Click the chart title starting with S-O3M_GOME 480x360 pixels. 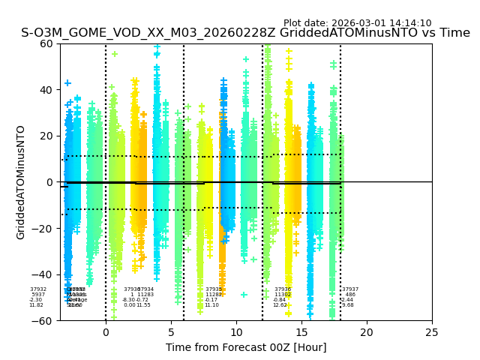pyautogui.click(x=245, y=33)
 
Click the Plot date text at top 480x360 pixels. pyautogui.click(x=357, y=23)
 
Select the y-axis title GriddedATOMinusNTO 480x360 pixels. pyautogui.click(x=21, y=182)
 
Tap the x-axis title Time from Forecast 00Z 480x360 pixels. pyautogui.click(x=246, y=347)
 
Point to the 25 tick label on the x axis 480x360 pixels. pyautogui.click(x=432, y=332)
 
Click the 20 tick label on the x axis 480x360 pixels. pyautogui.click(x=367, y=332)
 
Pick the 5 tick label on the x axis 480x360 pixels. pyautogui.click(x=171, y=332)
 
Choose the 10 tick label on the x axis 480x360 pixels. pyautogui.click(x=236, y=332)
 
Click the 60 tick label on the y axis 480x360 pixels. pyautogui.click(x=46, y=43)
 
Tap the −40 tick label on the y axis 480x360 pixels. pyautogui.click(x=43, y=274)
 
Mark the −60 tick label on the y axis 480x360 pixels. pyautogui.click(x=43, y=321)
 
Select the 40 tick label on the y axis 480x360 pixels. pyautogui.click(x=46, y=90)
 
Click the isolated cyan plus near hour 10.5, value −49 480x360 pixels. pyautogui.click(x=244, y=295)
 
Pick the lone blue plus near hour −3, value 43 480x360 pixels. pyautogui.click(x=67, y=83)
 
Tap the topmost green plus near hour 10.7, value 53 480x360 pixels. pyautogui.click(x=246, y=59)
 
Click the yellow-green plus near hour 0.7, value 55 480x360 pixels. pyautogui.click(x=115, y=54)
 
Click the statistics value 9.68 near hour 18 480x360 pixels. pyautogui.click(x=348, y=305)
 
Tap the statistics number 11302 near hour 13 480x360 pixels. pyautogui.click(x=283, y=295)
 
